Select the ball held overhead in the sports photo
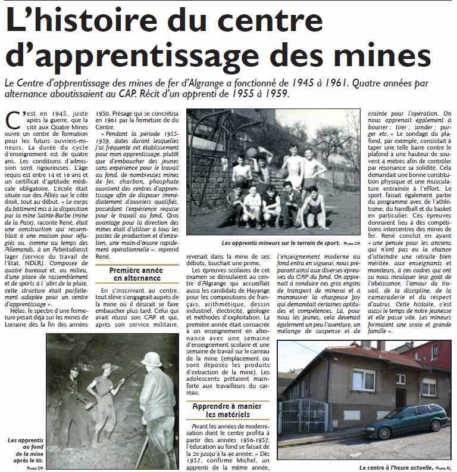pos(252,153)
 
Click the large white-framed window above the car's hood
pos(364,379)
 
